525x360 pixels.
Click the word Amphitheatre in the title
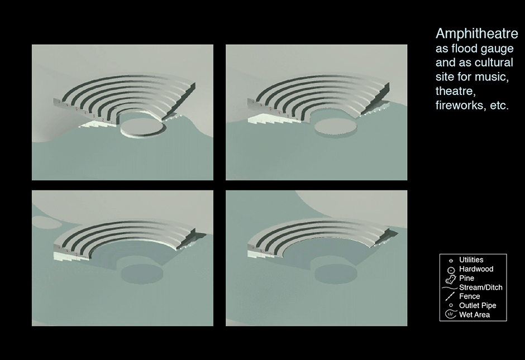click(477, 34)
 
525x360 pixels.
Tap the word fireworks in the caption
click(461, 105)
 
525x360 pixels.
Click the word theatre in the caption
click(455, 91)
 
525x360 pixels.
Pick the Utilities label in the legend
click(471, 260)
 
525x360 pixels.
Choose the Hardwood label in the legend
click(476, 269)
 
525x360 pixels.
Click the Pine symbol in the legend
click(451, 279)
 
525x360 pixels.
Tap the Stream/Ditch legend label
click(481, 287)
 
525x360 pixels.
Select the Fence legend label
click(469, 296)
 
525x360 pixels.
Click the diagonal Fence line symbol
click(450, 296)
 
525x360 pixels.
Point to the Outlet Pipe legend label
click(478, 305)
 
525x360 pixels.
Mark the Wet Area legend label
click(474, 315)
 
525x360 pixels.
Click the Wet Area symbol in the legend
click(451, 314)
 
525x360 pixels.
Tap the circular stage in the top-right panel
click(336, 127)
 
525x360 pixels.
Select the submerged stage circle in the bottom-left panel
click(142, 273)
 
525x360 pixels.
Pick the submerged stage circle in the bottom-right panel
click(336, 273)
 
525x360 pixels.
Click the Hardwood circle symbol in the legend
click(451, 270)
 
